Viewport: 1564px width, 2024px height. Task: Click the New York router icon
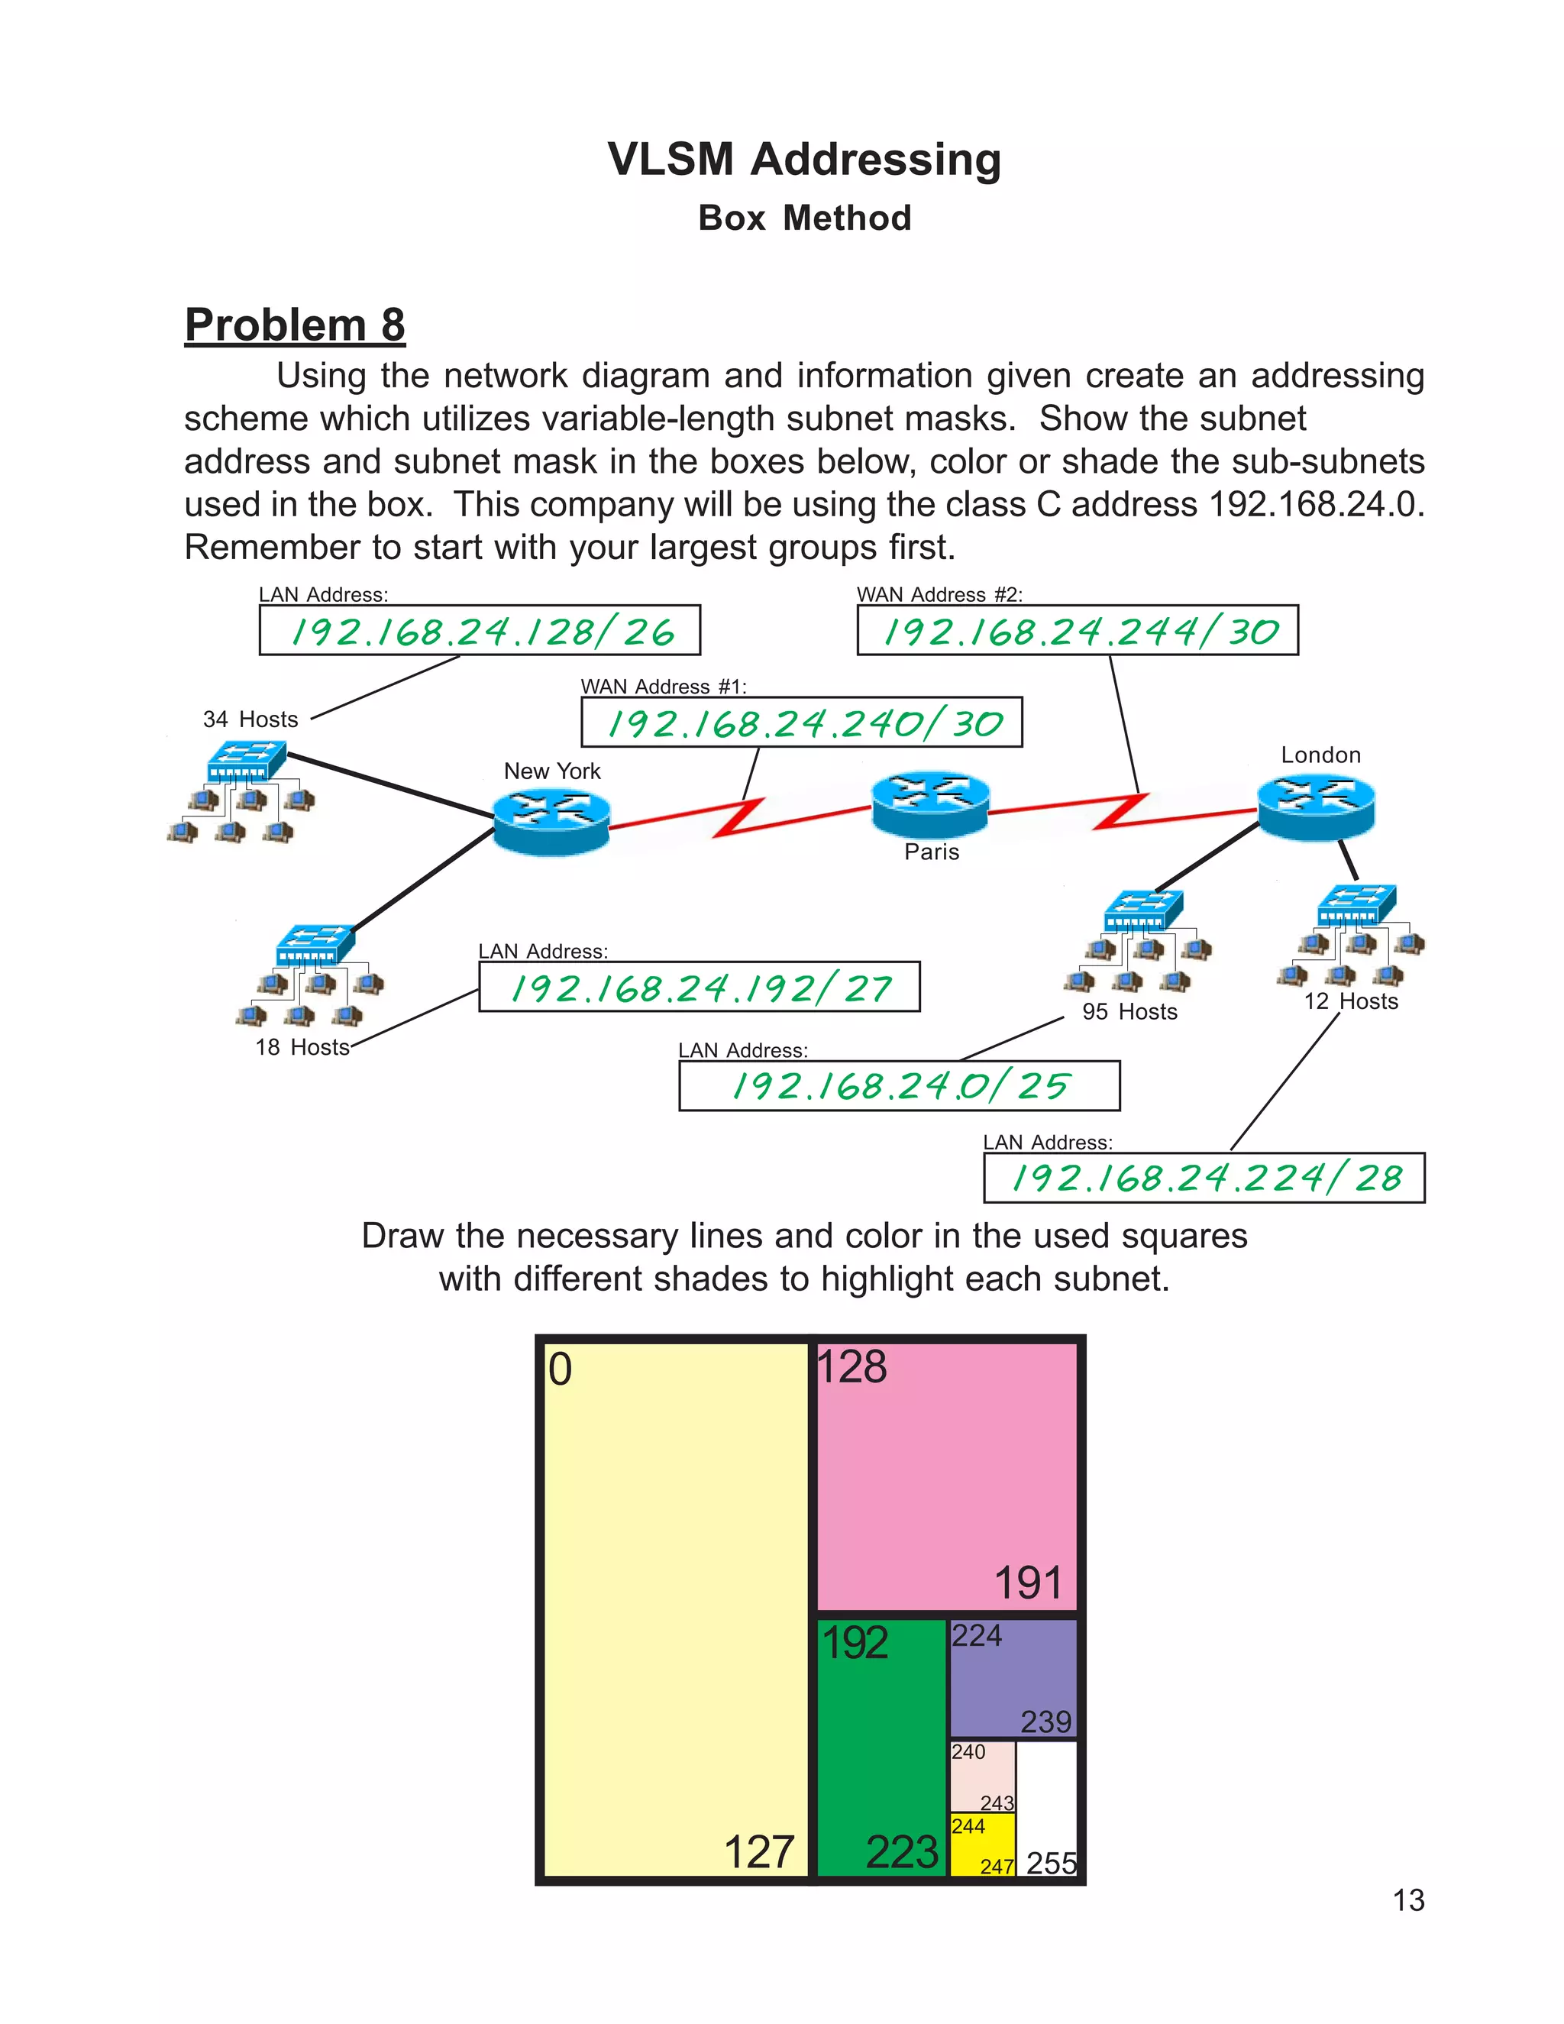[x=551, y=820]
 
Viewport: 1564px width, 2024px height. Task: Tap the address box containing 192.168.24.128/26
[x=479, y=630]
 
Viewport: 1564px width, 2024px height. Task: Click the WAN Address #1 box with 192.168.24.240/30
[x=801, y=722]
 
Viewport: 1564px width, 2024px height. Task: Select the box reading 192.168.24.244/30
[x=1078, y=630]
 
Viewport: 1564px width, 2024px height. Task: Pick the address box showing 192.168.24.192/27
[x=699, y=987]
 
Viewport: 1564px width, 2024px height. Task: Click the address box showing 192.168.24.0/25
[x=899, y=1085]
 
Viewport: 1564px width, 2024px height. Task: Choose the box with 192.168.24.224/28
[x=1204, y=1178]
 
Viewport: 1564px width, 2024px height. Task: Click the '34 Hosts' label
[x=250, y=719]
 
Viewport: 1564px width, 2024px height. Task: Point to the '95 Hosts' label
[x=1129, y=1012]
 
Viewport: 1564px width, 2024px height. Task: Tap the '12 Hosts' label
[x=1351, y=1002]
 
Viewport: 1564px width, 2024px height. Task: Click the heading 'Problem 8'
[x=295, y=325]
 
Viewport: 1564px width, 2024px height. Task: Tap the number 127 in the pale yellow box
[x=759, y=1853]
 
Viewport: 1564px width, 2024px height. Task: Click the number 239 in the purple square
[x=1046, y=1722]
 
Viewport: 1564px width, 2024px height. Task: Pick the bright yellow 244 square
[x=982, y=1845]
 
